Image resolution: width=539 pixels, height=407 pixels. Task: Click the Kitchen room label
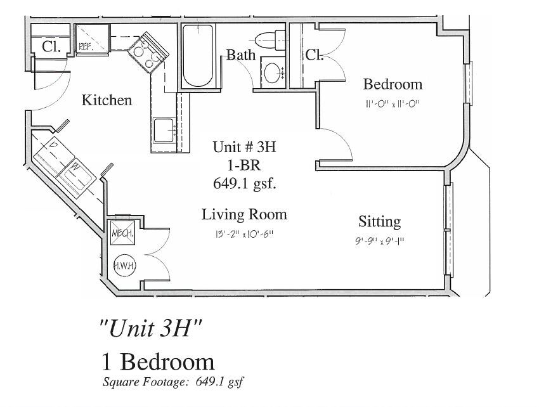tap(107, 100)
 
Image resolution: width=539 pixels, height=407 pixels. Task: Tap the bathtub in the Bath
tap(198, 55)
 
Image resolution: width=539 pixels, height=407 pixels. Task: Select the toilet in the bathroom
tap(271, 40)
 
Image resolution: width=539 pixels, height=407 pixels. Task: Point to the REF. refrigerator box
tap(91, 39)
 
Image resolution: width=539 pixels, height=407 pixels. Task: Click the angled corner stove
tap(148, 53)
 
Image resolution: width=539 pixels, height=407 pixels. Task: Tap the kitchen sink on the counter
tap(164, 131)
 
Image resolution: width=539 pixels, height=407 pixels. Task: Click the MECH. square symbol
tap(122, 233)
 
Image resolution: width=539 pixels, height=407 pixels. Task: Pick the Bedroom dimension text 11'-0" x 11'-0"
tap(393, 103)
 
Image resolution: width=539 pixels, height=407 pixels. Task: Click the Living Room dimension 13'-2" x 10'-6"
tap(244, 235)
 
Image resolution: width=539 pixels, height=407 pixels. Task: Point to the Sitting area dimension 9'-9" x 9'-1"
tap(379, 241)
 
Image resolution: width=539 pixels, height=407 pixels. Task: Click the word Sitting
tap(379, 222)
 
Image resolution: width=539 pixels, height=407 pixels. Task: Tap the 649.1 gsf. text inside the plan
tap(245, 183)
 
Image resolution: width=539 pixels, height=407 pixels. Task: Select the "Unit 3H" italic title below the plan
tap(150, 328)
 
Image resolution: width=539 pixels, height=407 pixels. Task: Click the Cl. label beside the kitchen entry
tap(51, 46)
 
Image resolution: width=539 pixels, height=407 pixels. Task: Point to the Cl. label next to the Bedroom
tap(315, 55)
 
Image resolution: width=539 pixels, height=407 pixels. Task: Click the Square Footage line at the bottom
tap(173, 382)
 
